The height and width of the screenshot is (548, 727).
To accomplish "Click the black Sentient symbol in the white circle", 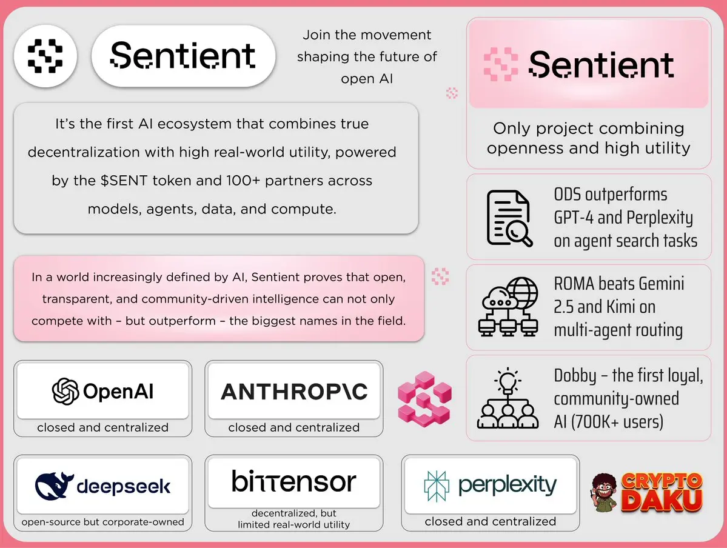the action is [45, 56].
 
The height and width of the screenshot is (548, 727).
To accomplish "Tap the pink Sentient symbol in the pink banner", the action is [501, 64].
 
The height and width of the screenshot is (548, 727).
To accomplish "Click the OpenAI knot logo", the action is [65, 391].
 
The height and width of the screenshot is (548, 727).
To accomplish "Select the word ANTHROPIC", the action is [295, 392].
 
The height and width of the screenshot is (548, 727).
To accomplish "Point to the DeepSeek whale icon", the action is [54, 486].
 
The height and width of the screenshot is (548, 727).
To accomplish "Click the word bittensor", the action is [294, 481].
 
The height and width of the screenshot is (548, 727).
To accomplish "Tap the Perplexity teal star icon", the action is [437, 486].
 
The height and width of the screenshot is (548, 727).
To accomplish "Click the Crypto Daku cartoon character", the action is [605, 492].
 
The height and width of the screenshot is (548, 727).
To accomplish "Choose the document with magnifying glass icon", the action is [509, 218].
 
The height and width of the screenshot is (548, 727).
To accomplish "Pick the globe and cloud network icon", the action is [509, 307].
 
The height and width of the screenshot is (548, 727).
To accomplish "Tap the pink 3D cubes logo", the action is [424, 399].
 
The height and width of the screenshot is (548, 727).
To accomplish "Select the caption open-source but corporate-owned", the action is [102, 522].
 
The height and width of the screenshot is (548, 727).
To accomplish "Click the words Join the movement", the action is [367, 35].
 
